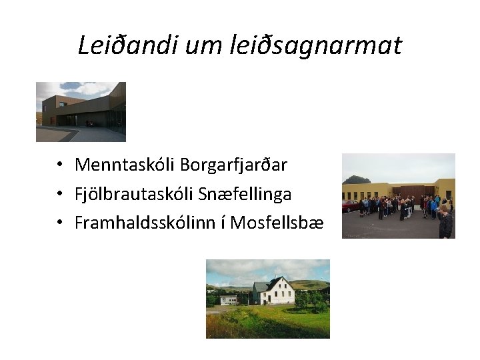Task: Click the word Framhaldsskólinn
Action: (150, 223)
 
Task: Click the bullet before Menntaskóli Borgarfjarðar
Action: (60, 165)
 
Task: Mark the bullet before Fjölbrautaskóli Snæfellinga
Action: (60, 195)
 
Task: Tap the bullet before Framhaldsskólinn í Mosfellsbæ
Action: (60, 224)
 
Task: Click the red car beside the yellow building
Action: (349, 206)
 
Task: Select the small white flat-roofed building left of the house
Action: (229, 299)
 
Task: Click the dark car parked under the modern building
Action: (89, 123)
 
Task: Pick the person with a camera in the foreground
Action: (445, 222)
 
